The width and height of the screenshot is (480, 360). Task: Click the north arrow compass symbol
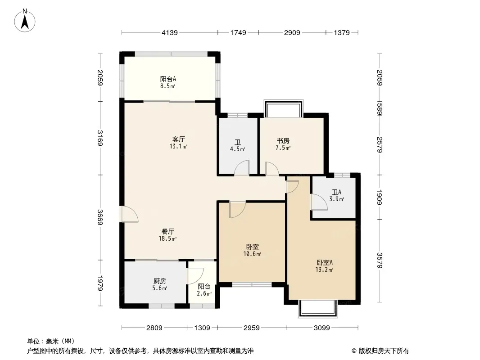[x=25, y=20]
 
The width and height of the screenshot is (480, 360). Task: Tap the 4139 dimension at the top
[x=170, y=32]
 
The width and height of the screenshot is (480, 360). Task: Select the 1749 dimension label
[x=238, y=32]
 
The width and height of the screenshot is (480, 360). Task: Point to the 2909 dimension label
[x=292, y=32]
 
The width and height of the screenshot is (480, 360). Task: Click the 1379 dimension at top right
[x=342, y=32]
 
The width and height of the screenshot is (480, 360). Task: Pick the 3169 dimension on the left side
[x=100, y=138]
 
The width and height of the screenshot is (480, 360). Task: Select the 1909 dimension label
[x=380, y=197]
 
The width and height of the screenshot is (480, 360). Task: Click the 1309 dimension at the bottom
[x=202, y=328]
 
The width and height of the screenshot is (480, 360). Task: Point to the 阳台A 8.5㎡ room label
[x=168, y=82]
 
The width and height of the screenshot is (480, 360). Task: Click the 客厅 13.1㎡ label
[x=178, y=143]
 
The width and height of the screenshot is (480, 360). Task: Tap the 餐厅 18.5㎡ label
[x=168, y=235]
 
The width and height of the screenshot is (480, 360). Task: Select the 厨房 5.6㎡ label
[x=160, y=284]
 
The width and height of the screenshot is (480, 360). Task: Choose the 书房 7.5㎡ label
[x=283, y=144]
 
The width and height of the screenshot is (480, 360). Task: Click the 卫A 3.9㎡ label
[x=336, y=195]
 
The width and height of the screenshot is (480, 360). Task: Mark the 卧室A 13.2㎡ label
[x=325, y=266]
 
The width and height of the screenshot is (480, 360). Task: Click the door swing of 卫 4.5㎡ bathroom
[x=242, y=168]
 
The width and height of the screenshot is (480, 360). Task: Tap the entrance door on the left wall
[x=129, y=214]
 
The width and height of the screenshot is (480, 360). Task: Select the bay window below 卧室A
[x=318, y=309]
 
